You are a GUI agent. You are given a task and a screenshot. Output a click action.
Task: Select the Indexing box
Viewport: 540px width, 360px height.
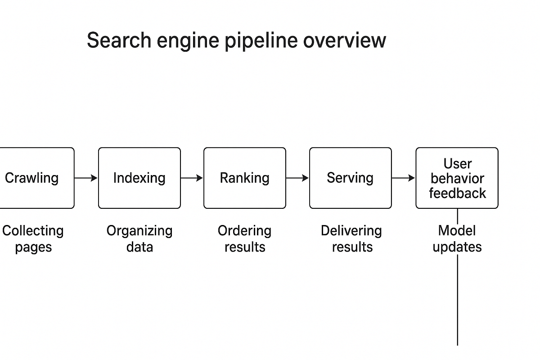(x=139, y=178)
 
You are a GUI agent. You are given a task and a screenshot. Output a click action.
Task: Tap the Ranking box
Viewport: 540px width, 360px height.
(x=244, y=178)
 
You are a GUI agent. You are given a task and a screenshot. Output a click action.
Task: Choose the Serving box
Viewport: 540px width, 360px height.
(x=350, y=178)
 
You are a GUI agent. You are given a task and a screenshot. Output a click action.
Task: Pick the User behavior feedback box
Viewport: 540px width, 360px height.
(x=457, y=178)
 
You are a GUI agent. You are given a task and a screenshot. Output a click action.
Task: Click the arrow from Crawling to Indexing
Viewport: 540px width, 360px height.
(x=86, y=178)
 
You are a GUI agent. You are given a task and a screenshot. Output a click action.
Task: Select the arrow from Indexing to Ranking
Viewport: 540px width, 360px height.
(x=192, y=178)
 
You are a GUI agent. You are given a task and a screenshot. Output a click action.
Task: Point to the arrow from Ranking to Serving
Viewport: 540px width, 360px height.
(x=297, y=178)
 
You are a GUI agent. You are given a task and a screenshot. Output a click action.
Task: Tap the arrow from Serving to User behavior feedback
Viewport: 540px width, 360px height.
(x=403, y=178)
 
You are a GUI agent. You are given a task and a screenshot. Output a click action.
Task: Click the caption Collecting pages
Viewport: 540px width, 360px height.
(x=33, y=239)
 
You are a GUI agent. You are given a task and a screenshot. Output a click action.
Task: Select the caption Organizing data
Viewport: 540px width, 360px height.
(x=139, y=239)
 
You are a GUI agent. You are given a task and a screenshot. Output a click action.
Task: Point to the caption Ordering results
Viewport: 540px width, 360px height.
(x=244, y=239)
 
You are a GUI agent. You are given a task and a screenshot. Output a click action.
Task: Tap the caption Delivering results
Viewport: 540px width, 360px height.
(x=351, y=239)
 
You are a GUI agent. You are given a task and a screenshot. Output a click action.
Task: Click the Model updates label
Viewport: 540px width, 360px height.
(x=457, y=239)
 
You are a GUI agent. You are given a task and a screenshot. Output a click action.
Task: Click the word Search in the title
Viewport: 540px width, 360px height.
(x=118, y=40)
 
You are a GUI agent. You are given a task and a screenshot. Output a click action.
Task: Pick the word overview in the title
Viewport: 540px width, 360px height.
(x=344, y=40)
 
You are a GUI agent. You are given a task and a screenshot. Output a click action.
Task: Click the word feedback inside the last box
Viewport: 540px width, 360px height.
(x=457, y=193)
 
